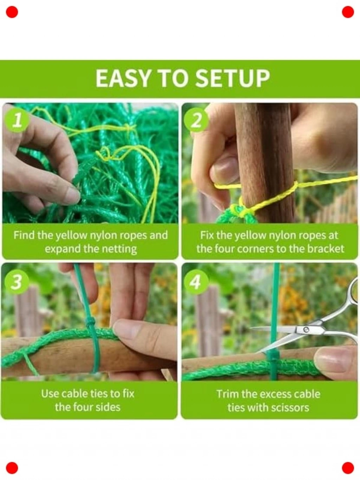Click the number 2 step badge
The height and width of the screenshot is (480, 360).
[196, 121]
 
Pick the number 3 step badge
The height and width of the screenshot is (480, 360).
[17, 282]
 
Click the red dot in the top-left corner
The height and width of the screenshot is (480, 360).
[12, 12]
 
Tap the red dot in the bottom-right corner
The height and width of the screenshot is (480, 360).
[348, 468]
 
